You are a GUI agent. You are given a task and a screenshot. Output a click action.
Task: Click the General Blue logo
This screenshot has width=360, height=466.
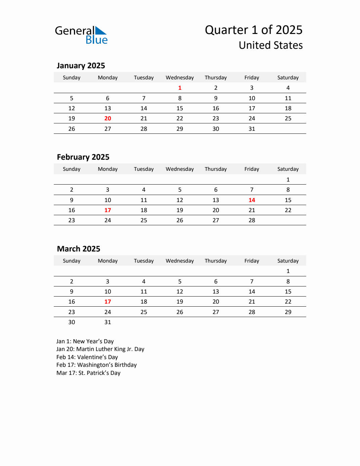(x=81, y=35)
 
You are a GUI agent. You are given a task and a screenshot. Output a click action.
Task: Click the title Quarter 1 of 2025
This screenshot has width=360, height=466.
(x=253, y=30)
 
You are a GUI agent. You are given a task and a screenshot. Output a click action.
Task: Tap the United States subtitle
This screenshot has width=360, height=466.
(x=271, y=45)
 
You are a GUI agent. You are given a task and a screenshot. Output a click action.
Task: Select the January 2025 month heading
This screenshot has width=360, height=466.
(x=81, y=66)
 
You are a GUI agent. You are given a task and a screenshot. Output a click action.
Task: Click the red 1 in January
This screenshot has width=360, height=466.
(x=180, y=88)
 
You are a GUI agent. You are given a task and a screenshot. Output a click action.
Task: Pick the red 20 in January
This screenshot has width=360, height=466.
(x=108, y=118)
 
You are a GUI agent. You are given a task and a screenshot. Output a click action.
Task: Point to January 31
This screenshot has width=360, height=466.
(x=252, y=129)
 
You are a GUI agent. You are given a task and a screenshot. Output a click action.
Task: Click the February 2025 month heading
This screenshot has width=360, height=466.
(x=83, y=157)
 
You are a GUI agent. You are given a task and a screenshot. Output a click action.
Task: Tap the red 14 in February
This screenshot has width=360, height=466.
(x=252, y=200)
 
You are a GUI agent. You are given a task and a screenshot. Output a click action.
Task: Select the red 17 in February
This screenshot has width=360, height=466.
(x=108, y=210)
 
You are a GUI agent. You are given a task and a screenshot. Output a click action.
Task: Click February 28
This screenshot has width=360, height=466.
(x=252, y=220)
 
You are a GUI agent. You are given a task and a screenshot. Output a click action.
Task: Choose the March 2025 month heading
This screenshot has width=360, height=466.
(x=79, y=249)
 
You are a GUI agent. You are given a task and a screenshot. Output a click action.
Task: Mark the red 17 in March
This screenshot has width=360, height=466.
(x=108, y=302)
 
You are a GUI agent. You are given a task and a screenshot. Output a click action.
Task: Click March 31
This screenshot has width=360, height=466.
(x=108, y=322)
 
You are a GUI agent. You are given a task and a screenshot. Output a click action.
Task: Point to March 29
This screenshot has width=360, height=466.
(x=288, y=312)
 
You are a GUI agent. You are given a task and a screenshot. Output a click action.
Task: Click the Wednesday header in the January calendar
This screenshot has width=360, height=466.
(x=180, y=78)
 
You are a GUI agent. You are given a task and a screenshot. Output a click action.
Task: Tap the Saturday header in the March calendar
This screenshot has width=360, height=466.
(x=288, y=261)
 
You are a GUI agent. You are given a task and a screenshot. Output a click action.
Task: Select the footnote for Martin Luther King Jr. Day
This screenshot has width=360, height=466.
(x=100, y=349)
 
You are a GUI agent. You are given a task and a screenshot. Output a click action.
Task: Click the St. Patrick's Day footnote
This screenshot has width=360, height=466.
(x=88, y=373)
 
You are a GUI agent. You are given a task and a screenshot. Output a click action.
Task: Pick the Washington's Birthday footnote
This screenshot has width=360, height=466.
(x=96, y=365)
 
